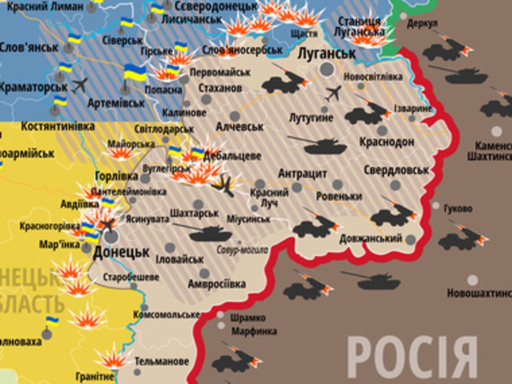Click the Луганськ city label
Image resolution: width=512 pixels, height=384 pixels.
point(326,53)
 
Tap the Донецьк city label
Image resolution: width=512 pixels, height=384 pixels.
point(121,252)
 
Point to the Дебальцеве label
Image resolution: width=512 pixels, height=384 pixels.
point(232,156)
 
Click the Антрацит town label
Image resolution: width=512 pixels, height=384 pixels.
point(302,173)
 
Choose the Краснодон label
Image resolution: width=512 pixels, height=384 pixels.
point(386,142)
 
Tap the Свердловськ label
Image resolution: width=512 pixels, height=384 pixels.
point(396,170)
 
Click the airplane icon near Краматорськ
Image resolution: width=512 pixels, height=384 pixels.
point(80,85)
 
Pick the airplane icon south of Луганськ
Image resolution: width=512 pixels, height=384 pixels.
point(334,93)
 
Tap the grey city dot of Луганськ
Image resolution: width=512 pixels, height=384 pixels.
point(326,69)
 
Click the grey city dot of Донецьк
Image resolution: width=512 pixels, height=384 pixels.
point(111,236)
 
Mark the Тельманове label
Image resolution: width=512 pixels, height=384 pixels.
point(161,361)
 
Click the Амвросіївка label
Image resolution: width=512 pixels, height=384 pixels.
point(217,284)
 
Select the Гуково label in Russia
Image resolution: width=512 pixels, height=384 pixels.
point(458,209)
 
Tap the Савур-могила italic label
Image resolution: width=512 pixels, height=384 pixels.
point(242,250)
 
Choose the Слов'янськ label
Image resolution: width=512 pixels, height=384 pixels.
point(29,48)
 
